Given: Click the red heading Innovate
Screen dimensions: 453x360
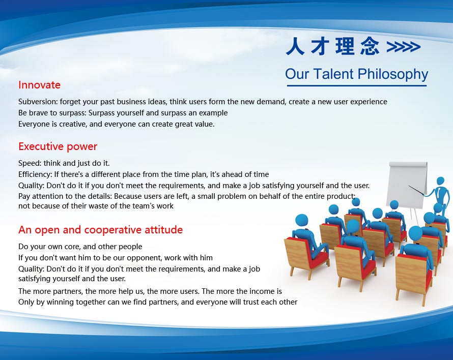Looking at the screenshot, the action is click(x=39, y=85).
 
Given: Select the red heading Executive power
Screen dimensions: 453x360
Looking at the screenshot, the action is click(x=58, y=146).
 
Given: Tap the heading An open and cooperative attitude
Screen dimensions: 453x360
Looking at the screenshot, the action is click(x=101, y=230).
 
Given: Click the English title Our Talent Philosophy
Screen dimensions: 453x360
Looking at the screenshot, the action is click(x=356, y=74).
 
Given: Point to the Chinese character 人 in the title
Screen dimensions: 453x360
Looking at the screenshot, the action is click(x=295, y=46).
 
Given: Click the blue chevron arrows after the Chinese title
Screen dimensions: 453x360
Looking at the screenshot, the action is click(x=403, y=47).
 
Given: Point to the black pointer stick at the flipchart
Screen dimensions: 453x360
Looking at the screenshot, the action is click(x=417, y=190).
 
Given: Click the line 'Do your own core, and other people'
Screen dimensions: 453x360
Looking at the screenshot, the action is click(x=80, y=247).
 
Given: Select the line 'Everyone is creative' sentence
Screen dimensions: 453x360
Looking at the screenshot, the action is click(x=117, y=124).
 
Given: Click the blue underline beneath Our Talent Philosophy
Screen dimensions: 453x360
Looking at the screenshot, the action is click(x=357, y=85).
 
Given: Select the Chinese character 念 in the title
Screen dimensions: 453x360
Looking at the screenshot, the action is click(x=370, y=46).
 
